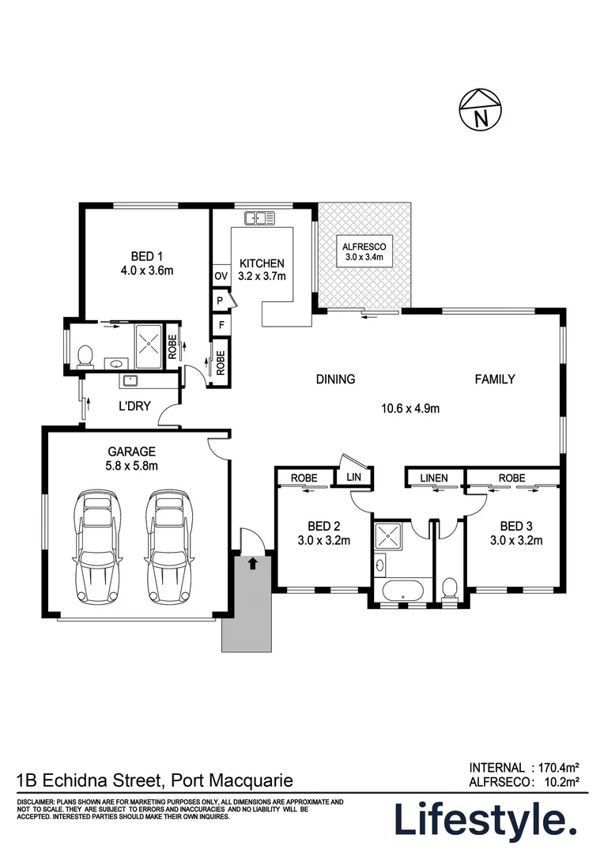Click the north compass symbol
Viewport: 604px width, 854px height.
(481, 109)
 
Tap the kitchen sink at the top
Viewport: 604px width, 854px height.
(260, 218)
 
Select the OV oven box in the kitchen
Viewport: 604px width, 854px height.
(221, 276)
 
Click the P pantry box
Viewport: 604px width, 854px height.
(221, 300)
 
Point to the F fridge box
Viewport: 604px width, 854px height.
(221, 325)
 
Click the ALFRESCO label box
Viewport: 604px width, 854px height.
(364, 251)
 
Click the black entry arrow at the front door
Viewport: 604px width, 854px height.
(252, 563)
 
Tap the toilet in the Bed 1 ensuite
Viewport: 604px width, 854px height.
(85, 356)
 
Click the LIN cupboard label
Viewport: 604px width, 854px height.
(353, 477)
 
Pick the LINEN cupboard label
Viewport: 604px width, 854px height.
(434, 478)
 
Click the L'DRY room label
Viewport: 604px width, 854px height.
(134, 406)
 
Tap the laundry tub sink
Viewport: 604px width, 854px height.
(130, 380)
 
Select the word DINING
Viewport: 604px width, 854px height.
(335, 379)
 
